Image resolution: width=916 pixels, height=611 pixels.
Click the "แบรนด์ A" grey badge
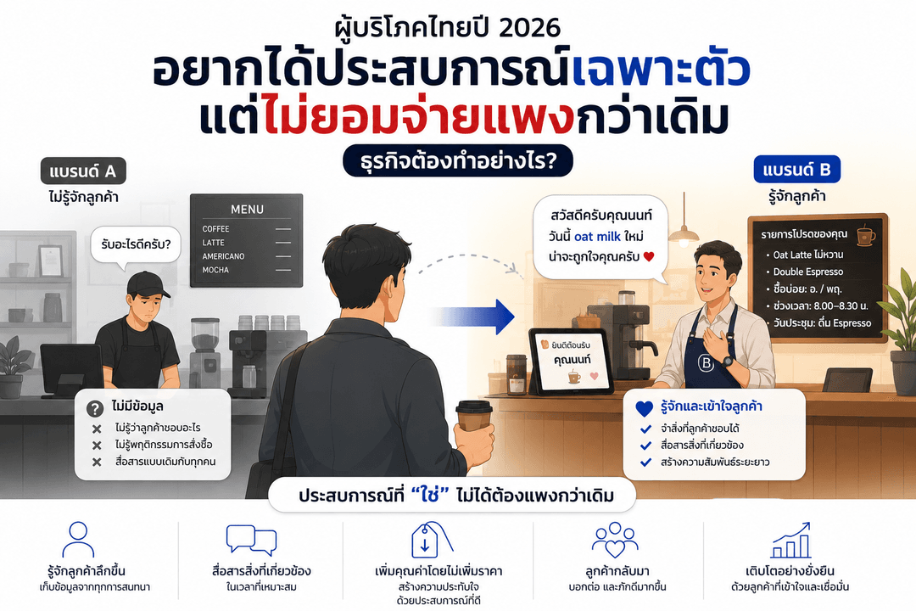tap(83, 171)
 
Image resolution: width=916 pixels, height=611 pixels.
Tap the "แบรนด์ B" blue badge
tap(796, 170)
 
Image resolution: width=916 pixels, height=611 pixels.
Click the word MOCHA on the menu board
tap(215, 270)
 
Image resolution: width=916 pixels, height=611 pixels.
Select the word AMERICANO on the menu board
tap(223, 256)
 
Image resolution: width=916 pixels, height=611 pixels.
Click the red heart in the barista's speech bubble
tap(649, 256)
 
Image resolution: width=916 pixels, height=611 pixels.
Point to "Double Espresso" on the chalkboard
tap(808, 272)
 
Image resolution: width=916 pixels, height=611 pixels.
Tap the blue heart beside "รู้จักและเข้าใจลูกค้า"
tap(645, 408)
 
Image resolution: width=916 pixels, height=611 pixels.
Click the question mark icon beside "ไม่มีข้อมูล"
tap(95, 408)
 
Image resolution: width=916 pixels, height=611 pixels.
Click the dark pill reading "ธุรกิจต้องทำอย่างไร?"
tap(457, 160)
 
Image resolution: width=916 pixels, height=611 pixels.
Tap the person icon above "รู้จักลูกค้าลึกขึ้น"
tap(78, 540)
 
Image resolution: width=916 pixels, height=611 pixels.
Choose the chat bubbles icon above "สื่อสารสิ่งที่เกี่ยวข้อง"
tap(251, 540)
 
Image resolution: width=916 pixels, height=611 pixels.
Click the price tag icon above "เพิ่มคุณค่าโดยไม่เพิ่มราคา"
tap(431, 540)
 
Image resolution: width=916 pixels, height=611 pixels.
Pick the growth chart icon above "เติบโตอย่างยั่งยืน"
tap(791, 540)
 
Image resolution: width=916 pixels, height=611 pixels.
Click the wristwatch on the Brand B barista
tap(727, 361)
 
